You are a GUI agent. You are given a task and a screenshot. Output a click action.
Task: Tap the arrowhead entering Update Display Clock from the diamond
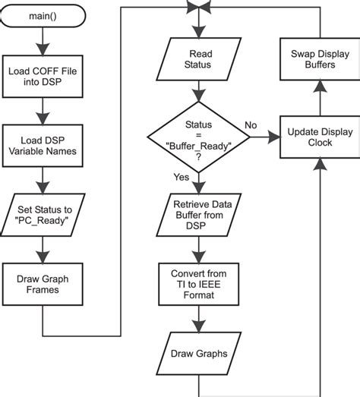274,138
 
